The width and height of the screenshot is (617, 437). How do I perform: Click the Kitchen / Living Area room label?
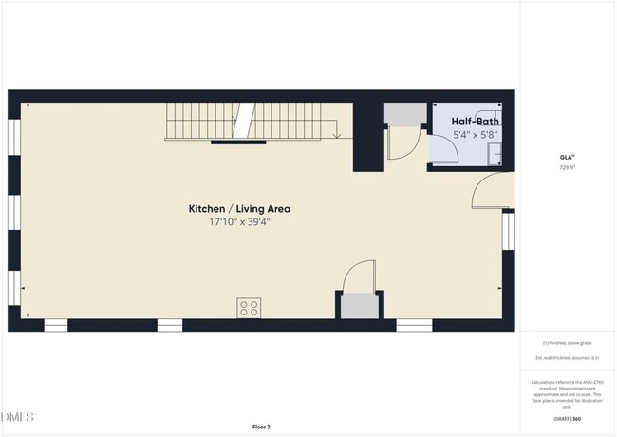pyautogui.click(x=239, y=208)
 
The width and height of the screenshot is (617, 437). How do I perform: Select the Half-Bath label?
pyautogui.click(x=475, y=122)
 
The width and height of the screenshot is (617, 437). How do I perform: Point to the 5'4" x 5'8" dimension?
pyautogui.click(x=475, y=135)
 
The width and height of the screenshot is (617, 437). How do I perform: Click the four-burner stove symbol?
pyautogui.click(x=250, y=307)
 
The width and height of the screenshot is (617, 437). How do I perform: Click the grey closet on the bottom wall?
pyautogui.click(x=360, y=306)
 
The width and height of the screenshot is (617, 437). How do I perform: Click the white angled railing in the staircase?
pyautogui.click(x=244, y=122)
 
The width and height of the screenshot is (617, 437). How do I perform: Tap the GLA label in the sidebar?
pyautogui.click(x=566, y=157)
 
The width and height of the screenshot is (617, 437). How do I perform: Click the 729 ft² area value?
pyautogui.click(x=566, y=167)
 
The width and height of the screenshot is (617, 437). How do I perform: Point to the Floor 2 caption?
pyautogui.click(x=261, y=427)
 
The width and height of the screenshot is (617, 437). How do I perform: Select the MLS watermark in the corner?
pyautogui.click(x=17, y=417)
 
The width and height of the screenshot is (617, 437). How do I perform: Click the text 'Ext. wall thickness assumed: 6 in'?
pyautogui.click(x=566, y=358)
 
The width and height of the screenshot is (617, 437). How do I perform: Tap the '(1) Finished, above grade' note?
pyautogui.click(x=566, y=342)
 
